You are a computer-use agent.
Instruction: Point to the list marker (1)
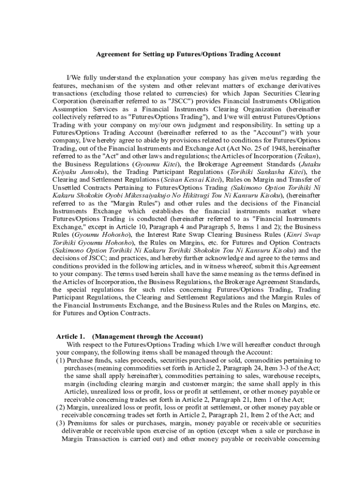[x=61, y=360]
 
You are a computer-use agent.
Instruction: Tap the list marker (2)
[x=61, y=407]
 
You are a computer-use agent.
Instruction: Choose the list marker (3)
[x=61, y=423]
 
